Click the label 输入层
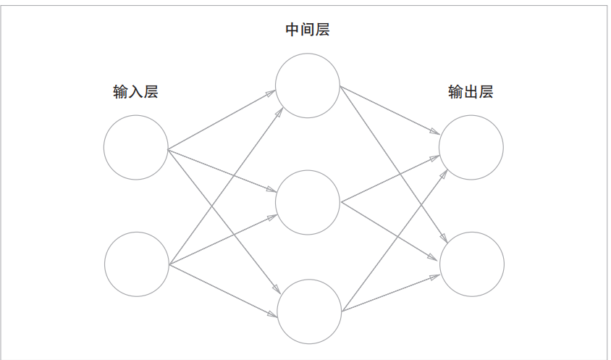click(135, 92)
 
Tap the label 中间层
click(308, 30)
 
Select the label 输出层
click(471, 92)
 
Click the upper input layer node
click(136, 147)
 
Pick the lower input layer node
click(137, 264)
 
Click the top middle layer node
click(308, 85)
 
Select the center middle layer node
click(308, 202)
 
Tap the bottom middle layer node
click(309, 311)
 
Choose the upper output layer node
click(471, 147)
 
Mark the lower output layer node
click(472, 264)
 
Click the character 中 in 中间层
click(293, 30)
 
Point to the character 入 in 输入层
click(135, 92)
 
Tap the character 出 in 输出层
click(471, 92)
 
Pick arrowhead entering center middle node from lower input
click(272, 216)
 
